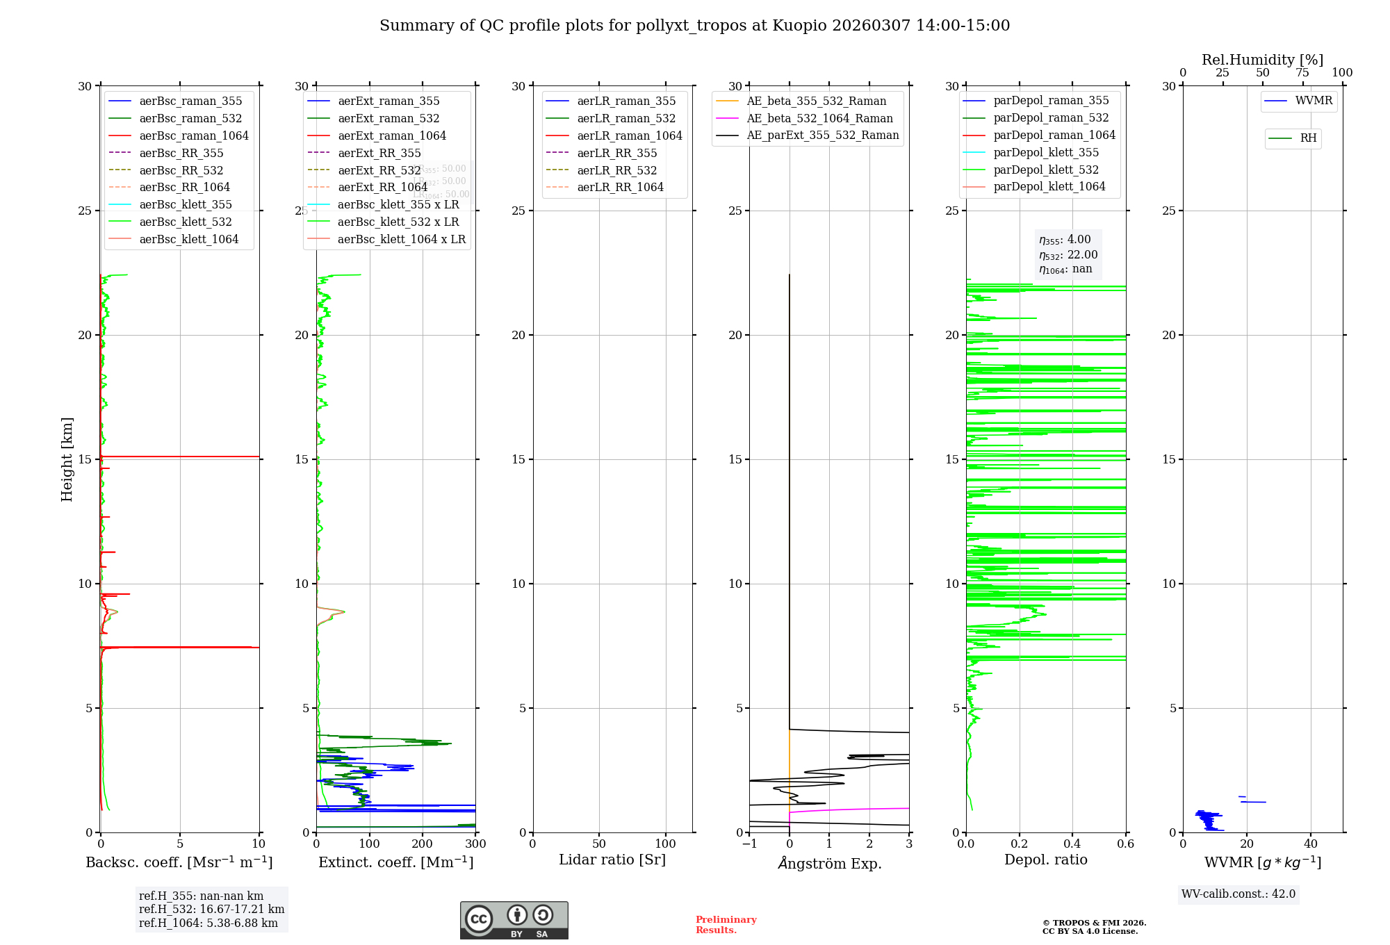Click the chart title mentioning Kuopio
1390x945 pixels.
(x=694, y=26)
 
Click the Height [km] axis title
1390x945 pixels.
(x=67, y=459)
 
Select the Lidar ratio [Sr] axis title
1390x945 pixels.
(x=612, y=860)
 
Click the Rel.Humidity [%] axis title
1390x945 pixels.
(x=1262, y=60)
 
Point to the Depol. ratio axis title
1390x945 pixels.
(x=1045, y=860)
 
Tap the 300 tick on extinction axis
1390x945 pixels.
(x=475, y=844)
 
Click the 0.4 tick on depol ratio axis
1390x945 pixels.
(x=1072, y=844)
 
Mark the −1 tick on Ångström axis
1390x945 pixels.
(x=749, y=844)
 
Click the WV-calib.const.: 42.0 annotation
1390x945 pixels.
(x=1238, y=894)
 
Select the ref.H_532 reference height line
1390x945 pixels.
(x=211, y=909)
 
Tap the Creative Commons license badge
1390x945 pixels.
(x=514, y=920)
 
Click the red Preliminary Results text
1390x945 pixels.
(x=726, y=924)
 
